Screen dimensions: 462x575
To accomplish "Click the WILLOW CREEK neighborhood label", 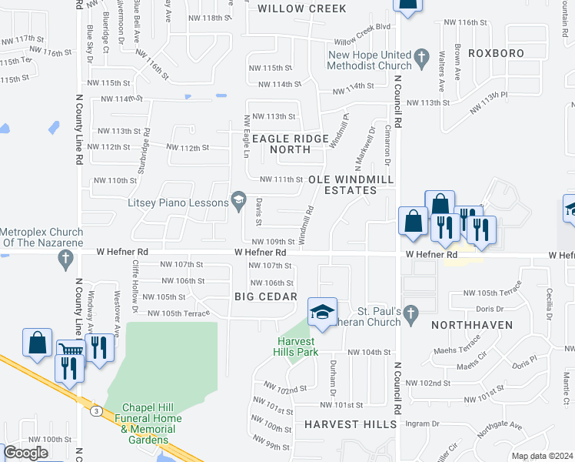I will click(301, 9).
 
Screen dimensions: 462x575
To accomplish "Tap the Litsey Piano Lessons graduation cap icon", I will click(238, 203).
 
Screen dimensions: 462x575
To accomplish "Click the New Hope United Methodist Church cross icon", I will click(421, 56).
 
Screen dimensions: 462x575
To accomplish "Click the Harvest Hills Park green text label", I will click(296, 346).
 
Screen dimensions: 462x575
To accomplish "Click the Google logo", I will click(25, 453).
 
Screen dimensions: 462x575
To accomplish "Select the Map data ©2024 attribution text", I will click(542, 456).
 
